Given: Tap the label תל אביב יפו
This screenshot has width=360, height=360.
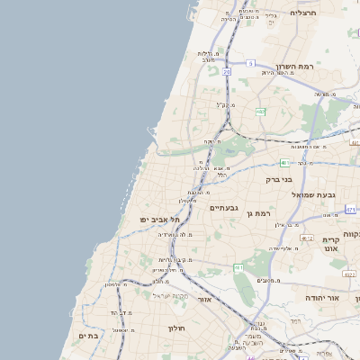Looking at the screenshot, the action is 159,220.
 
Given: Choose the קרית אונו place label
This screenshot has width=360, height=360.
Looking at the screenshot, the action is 329,245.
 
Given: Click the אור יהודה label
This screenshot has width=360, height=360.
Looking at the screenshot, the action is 321,296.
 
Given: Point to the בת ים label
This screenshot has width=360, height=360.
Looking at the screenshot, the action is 87,335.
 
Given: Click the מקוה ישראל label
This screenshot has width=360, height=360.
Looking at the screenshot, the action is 167,295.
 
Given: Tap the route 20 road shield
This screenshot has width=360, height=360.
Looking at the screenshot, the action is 227,71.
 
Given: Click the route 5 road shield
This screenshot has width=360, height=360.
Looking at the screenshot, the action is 252,62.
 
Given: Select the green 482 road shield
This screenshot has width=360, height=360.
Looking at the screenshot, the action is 260,112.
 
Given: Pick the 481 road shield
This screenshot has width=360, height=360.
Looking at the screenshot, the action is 284,163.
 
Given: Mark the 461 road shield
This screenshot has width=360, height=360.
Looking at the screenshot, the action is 238,268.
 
